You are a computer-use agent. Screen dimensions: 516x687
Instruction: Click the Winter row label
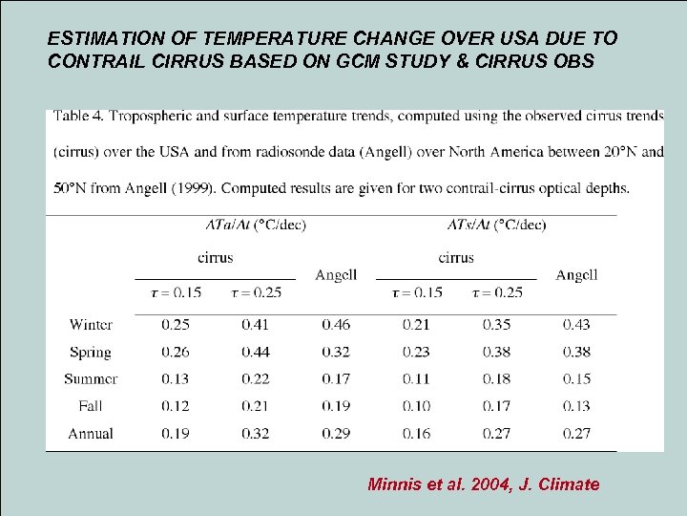[x=91, y=325]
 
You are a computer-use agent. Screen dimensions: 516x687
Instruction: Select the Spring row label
[x=91, y=352]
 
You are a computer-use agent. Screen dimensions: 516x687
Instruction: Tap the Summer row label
[x=91, y=379]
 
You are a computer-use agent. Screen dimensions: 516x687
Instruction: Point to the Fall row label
[x=91, y=406]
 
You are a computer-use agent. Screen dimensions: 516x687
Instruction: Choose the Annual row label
[x=91, y=434]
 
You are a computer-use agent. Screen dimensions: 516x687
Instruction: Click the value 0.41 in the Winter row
[x=255, y=325]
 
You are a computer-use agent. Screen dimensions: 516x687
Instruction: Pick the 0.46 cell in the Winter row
[x=336, y=325]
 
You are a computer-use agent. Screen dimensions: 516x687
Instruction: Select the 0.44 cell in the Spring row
[x=255, y=352]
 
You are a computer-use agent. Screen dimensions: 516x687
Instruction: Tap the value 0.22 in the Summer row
[x=255, y=379]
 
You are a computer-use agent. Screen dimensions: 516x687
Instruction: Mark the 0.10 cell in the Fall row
[x=416, y=406]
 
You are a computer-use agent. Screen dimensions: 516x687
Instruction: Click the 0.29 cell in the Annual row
[x=336, y=434]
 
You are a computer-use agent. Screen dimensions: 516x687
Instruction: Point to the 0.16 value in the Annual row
[x=416, y=434]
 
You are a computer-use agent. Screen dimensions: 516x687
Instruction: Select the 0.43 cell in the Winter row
[x=576, y=325]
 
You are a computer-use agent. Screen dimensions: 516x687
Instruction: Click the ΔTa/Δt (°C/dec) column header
[x=256, y=226]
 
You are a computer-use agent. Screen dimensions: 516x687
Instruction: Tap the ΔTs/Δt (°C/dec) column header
[x=496, y=226]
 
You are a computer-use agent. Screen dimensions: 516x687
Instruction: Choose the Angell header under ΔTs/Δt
[x=576, y=275]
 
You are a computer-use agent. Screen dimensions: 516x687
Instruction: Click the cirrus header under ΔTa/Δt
[x=215, y=257]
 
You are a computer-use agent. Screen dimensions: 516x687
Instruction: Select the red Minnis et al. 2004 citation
[x=483, y=484]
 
